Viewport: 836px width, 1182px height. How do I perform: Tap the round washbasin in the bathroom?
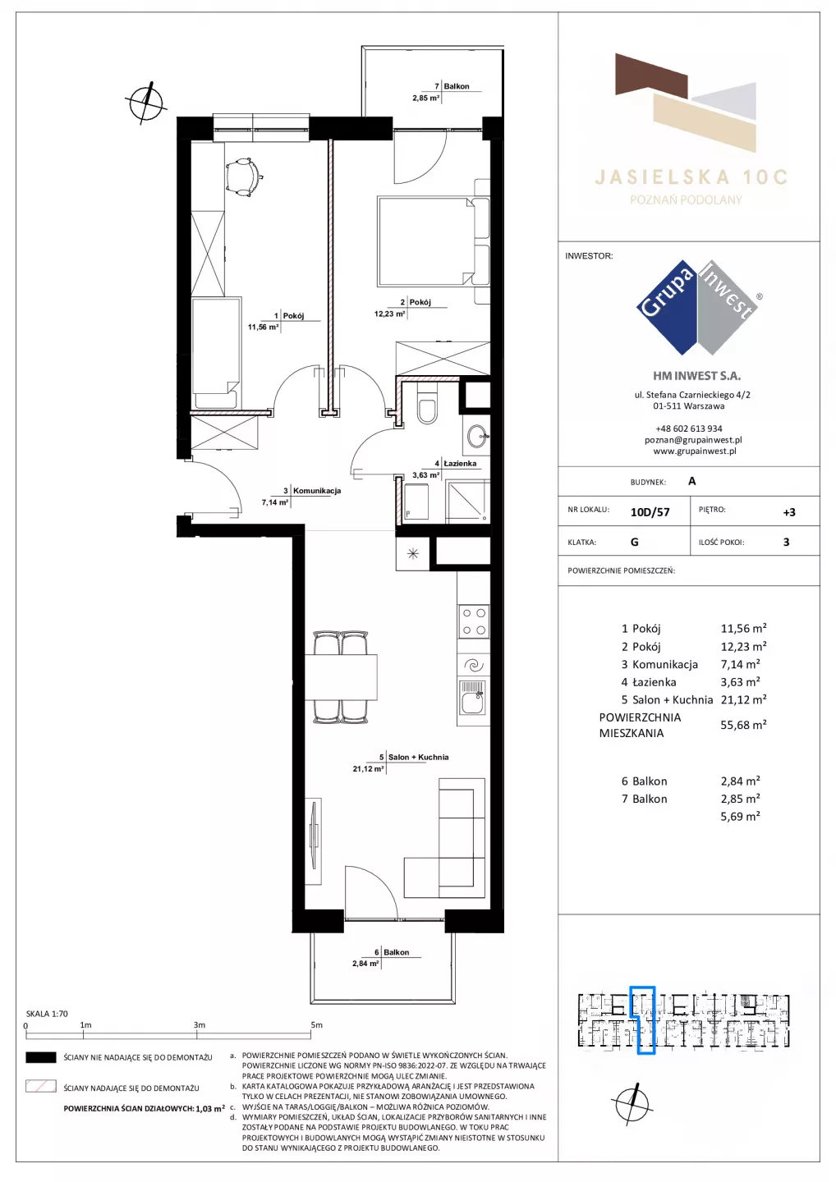[x=479, y=436]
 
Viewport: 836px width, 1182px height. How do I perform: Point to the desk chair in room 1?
[x=242, y=176]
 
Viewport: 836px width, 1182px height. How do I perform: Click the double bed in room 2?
[x=433, y=242]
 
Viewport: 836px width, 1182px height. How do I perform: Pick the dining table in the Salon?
[x=341, y=676]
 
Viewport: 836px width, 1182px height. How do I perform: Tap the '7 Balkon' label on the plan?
[x=452, y=86]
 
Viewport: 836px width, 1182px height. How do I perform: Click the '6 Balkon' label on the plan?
[x=392, y=952]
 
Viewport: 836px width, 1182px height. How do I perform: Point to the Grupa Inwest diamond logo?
[x=698, y=307]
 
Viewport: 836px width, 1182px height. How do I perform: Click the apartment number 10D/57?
[x=650, y=512]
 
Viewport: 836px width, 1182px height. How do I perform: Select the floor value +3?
[x=789, y=512]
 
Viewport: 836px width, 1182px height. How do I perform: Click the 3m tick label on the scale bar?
[x=199, y=1024]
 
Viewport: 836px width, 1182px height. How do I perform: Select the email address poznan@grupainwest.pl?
[x=693, y=440]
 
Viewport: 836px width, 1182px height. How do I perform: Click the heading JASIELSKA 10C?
[x=691, y=176]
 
